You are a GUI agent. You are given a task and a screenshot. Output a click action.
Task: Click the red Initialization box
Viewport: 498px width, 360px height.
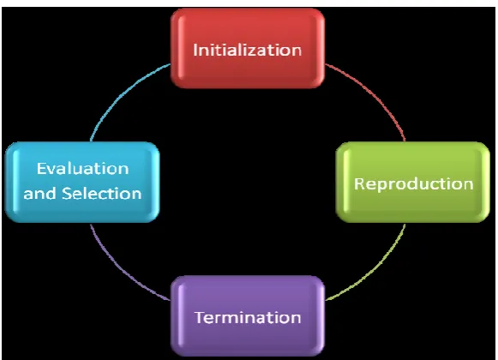[248, 48]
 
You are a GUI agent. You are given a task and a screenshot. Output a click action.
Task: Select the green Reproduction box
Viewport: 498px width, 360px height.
[412, 182]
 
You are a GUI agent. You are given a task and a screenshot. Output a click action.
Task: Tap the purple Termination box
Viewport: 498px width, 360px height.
[248, 315]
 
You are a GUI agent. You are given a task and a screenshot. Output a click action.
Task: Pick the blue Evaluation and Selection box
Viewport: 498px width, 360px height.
[82, 182]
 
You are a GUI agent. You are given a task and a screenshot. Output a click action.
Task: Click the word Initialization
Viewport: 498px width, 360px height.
[248, 51]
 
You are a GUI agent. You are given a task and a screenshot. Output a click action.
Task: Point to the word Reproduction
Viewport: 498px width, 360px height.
[413, 184]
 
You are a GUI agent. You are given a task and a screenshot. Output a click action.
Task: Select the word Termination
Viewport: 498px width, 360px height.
[248, 317]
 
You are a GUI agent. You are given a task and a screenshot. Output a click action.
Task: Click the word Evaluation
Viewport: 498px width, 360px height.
[82, 168]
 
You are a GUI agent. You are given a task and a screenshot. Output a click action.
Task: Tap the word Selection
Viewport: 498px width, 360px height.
[102, 194]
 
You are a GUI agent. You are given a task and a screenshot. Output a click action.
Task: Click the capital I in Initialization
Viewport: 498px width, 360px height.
[195, 51]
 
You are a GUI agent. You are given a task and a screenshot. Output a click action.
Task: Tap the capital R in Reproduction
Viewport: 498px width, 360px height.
[359, 184]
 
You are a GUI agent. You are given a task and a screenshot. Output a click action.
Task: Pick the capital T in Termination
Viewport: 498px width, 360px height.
[200, 317]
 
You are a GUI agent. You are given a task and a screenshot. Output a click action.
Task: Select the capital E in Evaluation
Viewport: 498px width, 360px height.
[41, 168]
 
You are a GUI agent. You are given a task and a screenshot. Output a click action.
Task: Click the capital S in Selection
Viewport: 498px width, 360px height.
[67, 194]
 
